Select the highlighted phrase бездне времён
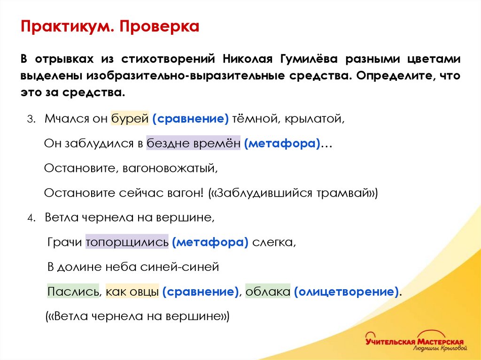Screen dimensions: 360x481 [193, 144]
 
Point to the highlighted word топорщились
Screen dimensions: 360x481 [127, 242]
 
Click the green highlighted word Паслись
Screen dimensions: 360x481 [73, 291]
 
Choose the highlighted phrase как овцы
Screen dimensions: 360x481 [132, 291]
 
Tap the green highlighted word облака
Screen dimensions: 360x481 [268, 291]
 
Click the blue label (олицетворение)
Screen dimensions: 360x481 [347, 291]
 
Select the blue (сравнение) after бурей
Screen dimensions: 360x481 [190, 119]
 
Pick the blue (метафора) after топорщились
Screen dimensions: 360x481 [210, 242]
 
